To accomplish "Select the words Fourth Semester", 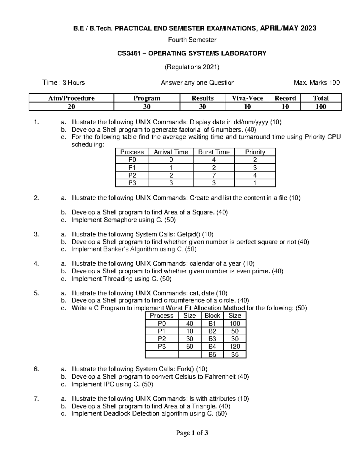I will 192,40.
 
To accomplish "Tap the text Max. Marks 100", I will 317,83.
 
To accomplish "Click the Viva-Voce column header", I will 247,98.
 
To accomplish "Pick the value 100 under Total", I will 321,107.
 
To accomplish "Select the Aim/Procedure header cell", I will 71,98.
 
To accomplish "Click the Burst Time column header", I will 214,152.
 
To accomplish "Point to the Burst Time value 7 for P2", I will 214,175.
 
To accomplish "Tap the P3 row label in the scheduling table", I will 132,183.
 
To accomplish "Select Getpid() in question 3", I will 189,234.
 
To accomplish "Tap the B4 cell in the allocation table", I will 212,347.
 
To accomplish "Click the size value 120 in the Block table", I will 235,347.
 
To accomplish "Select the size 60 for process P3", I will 189,347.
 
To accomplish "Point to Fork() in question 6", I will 186,369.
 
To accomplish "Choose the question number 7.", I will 37,399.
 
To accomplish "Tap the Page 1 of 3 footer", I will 192,433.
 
